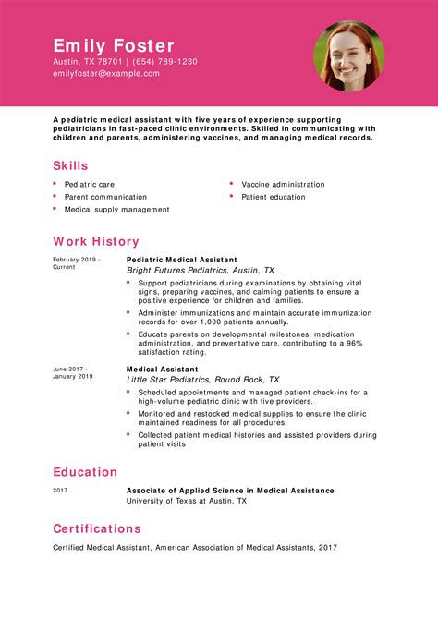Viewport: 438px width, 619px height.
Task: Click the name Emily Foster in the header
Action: (x=114, y=45)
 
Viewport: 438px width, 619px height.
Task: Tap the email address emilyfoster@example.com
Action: (x=106, y=74)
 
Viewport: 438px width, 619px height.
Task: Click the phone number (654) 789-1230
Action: (x=168, y=62)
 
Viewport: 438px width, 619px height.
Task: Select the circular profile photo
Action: (x=348, y=55)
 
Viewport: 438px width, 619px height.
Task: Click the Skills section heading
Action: (x=71, y=165)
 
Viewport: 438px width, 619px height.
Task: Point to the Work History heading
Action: (x=96, y=241)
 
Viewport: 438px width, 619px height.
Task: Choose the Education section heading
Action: (x=86, y=472)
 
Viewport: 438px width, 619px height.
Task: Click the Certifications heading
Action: (x=97, y=528)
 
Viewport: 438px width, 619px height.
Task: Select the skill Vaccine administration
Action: (x=283, y=184)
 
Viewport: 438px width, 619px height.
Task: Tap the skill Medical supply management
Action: (x=116, y=210)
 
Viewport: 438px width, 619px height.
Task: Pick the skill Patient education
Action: (x=273, y=197)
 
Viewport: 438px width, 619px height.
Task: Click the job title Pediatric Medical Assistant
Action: (x=181, y=260)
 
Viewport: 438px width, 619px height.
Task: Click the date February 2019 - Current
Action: (x=76, y=262)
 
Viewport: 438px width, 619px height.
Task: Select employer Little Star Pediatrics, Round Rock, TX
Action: (x=202, y=380)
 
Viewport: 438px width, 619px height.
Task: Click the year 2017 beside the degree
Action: (x=60, y=491)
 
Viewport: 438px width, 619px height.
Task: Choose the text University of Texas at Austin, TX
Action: (x=186, y=501)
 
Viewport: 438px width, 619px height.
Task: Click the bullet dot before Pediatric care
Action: (x=55, y=184)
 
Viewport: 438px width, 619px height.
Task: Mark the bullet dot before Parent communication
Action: (x=55, y=197)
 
